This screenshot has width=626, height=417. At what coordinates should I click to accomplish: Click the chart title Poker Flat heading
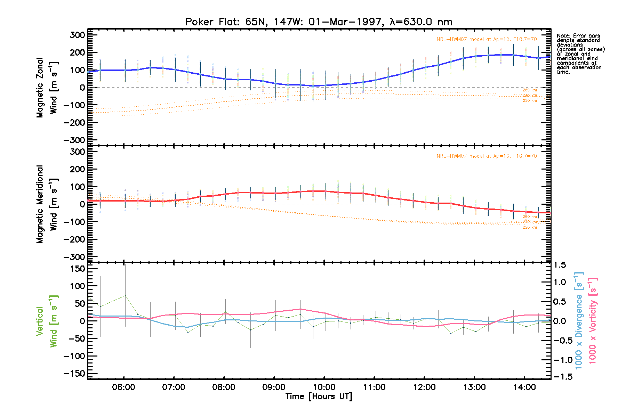tap(319, 22)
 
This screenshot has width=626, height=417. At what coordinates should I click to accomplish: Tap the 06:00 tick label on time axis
tap(123, 387)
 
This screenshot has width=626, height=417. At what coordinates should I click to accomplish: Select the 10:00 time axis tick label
tap(324, 387)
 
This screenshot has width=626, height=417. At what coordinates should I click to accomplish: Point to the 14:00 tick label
tap(524, 387)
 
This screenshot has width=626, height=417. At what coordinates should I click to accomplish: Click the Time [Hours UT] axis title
tap(319, 396)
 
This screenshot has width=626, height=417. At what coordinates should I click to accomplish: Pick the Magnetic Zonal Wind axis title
tap(47, 88)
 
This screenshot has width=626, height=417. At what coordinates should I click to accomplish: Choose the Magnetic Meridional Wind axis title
tap(47, 204)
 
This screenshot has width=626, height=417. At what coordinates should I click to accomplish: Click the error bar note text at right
tap(580, 54)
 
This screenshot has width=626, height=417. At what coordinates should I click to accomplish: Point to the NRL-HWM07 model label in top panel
tap(487, 39)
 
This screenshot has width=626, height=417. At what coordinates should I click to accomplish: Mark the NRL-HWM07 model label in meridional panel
tap(487, 156)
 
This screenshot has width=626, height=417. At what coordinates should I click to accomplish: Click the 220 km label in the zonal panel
tap(530, 101)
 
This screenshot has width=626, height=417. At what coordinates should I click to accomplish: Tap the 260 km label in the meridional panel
tap(530, 216)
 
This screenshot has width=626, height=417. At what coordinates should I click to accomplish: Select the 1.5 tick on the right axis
tap(560, 265)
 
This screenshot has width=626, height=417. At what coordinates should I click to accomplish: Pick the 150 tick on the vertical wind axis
tap(77, 269)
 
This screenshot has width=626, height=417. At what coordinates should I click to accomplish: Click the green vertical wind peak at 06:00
tap(125, 295)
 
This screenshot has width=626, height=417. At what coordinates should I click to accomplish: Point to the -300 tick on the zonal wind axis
tap(74, 140)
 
